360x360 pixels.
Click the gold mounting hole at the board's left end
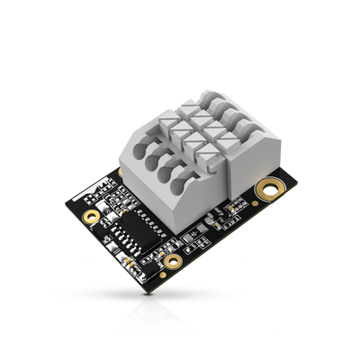[89, 217]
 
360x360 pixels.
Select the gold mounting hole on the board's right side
[265, 188]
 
